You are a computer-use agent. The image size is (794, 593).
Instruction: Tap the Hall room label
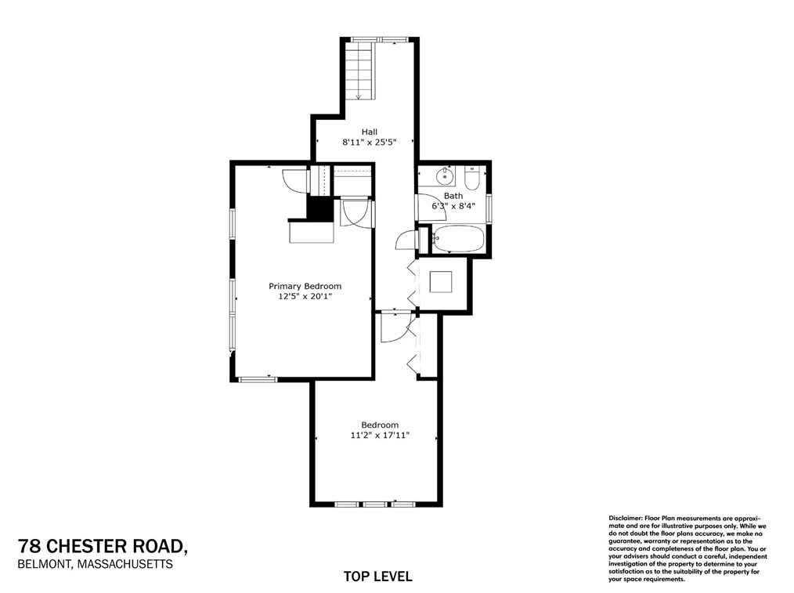coord(369,132)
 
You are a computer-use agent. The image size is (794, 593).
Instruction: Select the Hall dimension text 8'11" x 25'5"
coord(369,143)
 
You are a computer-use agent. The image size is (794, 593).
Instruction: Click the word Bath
coord(453,196)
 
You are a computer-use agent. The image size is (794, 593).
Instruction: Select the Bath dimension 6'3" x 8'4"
coord(453,207)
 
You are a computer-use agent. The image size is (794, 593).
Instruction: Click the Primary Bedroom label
coord(305,287)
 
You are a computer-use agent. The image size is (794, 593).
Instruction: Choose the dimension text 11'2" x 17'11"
coord(380,436)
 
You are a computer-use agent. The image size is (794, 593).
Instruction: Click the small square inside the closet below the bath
coord(443,281)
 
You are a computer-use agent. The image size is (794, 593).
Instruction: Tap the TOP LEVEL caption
coord(377,577)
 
